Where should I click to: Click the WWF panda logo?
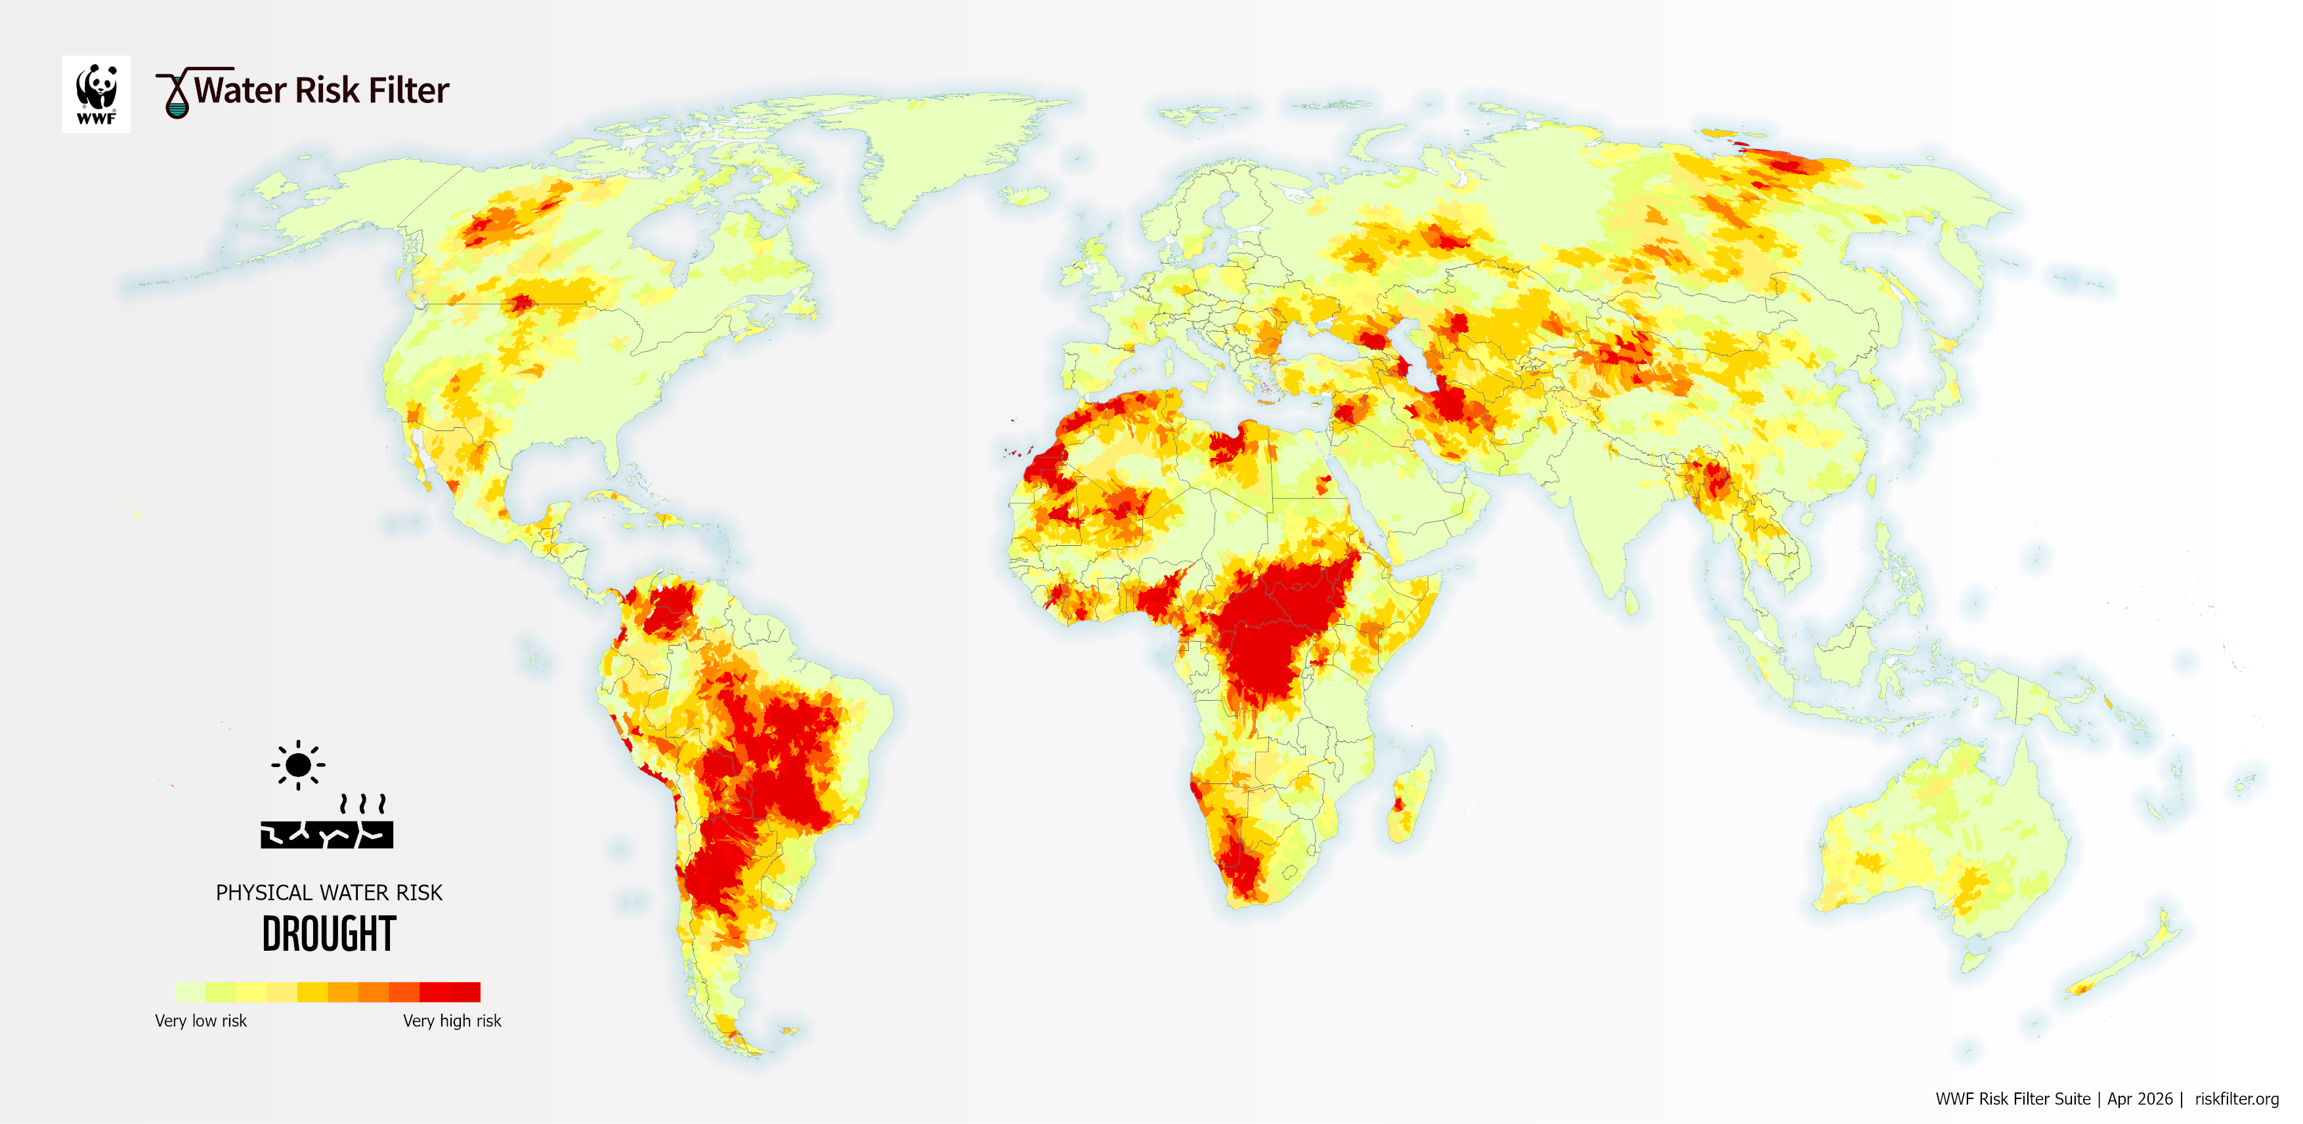96,94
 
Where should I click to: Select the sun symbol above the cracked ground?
297,765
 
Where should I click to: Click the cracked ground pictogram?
326,833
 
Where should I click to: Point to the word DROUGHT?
328,934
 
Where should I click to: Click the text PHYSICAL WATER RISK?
328,892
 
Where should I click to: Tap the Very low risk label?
200,1020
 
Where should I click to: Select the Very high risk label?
452,1020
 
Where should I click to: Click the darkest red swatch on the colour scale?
465,991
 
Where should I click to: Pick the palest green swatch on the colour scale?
190,991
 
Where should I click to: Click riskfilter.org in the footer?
2236,1099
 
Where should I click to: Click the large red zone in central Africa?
1270,625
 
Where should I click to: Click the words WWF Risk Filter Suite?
2012,1099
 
